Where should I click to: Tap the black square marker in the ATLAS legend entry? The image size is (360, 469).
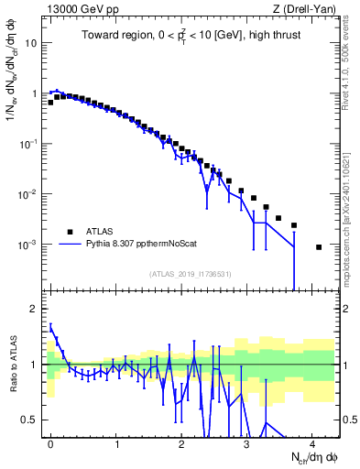(70, 231)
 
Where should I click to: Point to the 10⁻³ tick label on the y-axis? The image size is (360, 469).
(29, 245)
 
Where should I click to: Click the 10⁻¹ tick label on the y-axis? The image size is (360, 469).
(29, 144)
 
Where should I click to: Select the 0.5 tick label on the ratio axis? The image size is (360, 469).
(30, 420)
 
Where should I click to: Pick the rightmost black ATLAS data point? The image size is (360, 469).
(319, 247)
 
